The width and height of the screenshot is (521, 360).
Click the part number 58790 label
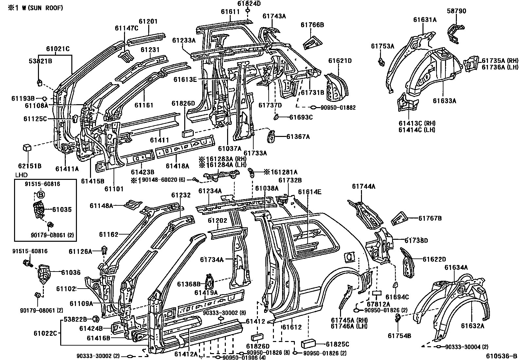coord(457,11)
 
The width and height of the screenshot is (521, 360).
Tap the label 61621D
coord(340,61)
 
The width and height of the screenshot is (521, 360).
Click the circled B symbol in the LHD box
coord(41,194)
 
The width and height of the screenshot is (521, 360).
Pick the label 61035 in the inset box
coord(62,210)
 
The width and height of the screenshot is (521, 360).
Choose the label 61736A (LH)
coord(500,67)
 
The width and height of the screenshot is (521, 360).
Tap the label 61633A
coord(444,101)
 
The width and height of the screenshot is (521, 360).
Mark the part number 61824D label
coord(249,3)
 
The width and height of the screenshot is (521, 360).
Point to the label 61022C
coord(45,333)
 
